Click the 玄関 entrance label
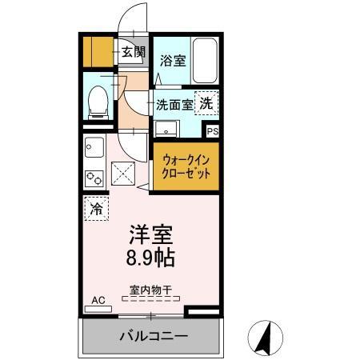tap(134, 54)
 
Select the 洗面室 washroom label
tap(174, 104)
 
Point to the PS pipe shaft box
tap(212, 131)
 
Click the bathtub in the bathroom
tap(205, 61)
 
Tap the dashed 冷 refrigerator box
tap(95, 209)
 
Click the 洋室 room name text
tap(151, 237)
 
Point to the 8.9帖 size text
tap(151, 258)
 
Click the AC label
tap(98, 300)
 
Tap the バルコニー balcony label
tap(154, 335)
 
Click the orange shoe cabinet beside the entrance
tap(99, 53)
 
